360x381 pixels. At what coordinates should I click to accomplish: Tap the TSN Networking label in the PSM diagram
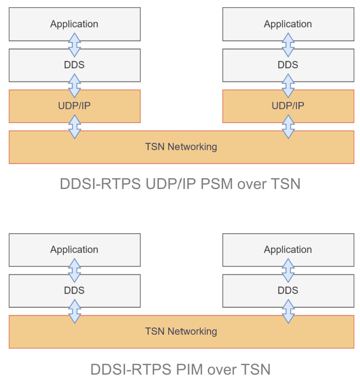point(181,147)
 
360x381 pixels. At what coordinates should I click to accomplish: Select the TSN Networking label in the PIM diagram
point(181,331)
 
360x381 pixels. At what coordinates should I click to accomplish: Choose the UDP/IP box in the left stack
point(75,106)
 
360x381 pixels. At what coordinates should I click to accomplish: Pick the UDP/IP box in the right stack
point(288,106)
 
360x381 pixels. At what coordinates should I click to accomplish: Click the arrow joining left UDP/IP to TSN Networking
point(75,127)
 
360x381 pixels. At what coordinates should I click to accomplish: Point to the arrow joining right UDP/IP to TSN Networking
point(289,127)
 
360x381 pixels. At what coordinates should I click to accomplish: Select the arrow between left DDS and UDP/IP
point(75,86)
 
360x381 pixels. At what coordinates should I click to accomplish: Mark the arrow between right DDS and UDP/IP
point(289,86)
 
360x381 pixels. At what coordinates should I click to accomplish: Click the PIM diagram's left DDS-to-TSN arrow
point(75,311)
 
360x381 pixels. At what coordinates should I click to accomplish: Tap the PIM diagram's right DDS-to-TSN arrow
point(289,311)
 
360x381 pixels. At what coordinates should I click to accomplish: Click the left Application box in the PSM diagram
point(75,24)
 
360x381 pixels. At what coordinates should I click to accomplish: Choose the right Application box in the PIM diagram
point(288,250)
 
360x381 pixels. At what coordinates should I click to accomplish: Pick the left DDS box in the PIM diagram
point(75,290)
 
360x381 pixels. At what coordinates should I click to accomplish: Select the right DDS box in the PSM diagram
point(288,65)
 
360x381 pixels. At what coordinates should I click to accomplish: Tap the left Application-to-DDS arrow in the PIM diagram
point(75,270)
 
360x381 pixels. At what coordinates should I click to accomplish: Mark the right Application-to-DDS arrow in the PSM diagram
point(289,45)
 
